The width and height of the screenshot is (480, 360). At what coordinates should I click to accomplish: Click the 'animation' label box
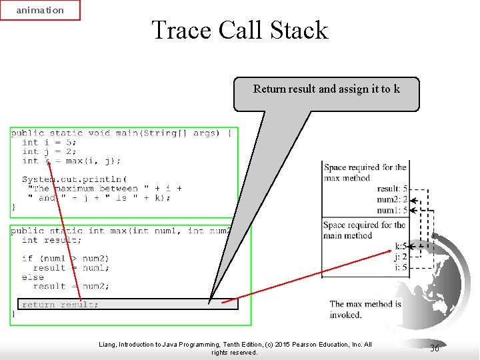[40, 10]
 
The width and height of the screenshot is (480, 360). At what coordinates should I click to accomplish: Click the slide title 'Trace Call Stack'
[240, 31]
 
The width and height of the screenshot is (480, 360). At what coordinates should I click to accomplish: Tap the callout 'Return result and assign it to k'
[326, 89]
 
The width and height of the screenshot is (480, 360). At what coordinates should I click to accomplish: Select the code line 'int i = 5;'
[49, 142]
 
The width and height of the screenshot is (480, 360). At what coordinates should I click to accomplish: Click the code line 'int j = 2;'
[49, 151]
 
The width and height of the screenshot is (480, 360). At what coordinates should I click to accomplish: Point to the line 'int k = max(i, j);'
[71, 161]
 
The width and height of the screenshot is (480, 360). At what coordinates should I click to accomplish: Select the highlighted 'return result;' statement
[60, 305]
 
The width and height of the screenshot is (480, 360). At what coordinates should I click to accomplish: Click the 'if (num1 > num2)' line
[65, 258]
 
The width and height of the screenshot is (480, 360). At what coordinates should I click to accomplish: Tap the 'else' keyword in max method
[33, 277]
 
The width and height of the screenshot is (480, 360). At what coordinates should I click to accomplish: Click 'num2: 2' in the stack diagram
[392, 200]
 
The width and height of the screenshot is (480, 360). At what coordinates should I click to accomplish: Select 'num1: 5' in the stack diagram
[392, 211]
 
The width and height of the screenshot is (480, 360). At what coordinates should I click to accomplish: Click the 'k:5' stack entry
[400, 246]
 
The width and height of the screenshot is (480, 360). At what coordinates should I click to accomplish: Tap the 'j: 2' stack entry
[400, 257]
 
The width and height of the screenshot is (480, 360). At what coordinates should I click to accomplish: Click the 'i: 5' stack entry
[400, 267]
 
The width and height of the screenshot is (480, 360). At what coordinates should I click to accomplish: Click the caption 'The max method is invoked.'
[365, 309]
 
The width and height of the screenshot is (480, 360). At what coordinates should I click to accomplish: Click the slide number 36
[435, 348]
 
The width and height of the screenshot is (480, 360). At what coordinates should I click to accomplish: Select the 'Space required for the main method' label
[364, 230]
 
